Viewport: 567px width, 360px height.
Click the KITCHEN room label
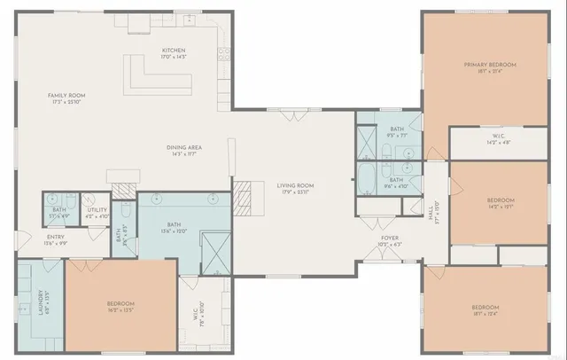[x=172, y=50]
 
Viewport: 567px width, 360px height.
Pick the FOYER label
[x=389, y=238]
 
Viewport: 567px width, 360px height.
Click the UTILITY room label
[x=97, y=209]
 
